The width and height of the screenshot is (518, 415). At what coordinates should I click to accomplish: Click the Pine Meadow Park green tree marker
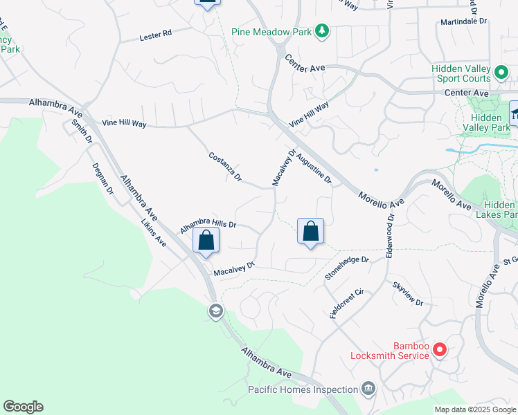[321, 30]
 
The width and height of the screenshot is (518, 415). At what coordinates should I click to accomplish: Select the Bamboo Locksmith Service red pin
[439, 351]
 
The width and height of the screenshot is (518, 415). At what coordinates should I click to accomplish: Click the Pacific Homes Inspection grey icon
[368, 389]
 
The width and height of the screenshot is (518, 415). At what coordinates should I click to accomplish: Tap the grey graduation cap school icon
[215, 311]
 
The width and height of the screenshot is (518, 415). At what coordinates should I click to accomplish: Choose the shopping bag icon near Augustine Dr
[310, 232]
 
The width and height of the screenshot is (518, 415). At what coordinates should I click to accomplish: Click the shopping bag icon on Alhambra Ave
[206, 241]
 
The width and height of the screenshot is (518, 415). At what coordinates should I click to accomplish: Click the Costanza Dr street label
[225, 167]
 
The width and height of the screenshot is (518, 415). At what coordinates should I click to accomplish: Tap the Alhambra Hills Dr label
[208, 225]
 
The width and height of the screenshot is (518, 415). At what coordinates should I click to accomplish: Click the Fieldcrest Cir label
[347, 302]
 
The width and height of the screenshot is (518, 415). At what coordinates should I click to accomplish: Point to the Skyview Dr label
[407, 294]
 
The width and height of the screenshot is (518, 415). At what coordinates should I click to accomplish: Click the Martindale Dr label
[464, 22]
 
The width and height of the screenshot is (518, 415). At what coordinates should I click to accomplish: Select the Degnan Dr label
[103, 178]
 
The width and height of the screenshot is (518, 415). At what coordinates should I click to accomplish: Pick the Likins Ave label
[154, 233]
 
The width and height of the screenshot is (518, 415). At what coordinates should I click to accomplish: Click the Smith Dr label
[82, 131]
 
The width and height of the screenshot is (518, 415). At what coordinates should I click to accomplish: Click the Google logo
[23, 407]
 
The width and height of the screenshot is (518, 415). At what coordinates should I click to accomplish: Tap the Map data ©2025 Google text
[474, 409]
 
